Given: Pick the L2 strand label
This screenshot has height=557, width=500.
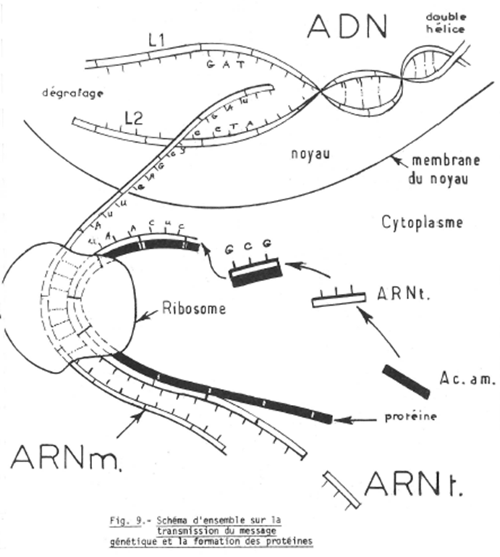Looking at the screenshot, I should click(132, 116).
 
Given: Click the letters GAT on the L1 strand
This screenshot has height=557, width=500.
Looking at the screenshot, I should click(222, 65).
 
